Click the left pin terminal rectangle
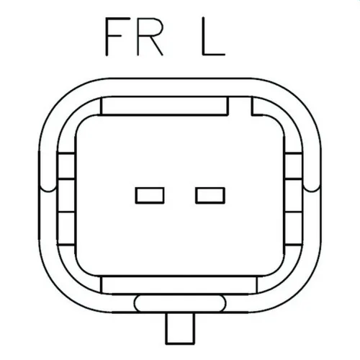[150, 195]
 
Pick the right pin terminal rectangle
[210, 195]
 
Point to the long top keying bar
[164, 106]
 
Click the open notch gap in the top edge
[240, 106]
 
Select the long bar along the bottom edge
[179, 285]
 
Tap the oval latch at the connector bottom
[180, 303]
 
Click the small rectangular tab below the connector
[180, 328]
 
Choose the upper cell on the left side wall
[66, 166]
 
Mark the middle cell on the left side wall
[66, 196]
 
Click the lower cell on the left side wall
[66, 228]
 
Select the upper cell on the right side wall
[294, 166]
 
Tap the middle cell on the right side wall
[294, 196]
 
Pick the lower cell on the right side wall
[294, 228]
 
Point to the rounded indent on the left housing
[48, 192]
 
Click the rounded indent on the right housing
[312, 192]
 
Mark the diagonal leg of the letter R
[157, 45]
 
